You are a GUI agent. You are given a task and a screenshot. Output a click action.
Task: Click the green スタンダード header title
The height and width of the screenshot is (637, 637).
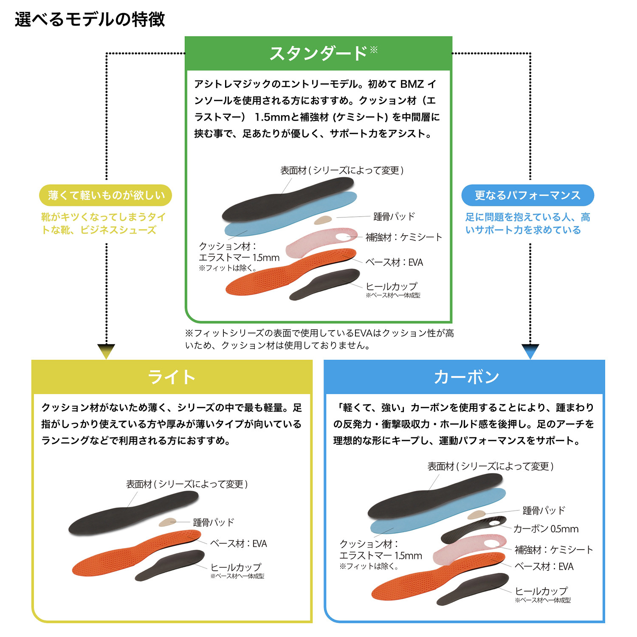pos(318,54)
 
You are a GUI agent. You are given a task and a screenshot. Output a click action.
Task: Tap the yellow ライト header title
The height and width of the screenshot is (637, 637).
pos(172,377)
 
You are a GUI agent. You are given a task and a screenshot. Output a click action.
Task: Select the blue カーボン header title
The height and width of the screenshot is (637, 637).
pos(466,377)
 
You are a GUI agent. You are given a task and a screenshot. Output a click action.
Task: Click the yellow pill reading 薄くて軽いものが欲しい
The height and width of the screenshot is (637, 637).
pos(106,195)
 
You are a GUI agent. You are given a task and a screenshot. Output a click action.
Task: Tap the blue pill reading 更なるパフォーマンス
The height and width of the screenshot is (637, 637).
pos(527,195)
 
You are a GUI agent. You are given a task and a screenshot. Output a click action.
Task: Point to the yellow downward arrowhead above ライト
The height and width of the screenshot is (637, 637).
pos(106,351)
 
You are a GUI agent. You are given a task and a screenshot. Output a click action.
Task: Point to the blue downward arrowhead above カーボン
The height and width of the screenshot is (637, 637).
pos(530,351)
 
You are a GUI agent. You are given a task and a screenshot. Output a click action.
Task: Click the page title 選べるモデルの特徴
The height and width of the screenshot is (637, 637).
pos(90,20)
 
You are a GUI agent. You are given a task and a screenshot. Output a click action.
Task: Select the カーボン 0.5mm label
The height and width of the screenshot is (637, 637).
pos(546,529)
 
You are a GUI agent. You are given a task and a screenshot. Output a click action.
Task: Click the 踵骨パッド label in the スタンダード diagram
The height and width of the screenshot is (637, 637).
pos(394,217)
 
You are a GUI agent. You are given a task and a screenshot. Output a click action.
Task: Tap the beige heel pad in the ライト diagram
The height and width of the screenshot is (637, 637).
pos(167,522)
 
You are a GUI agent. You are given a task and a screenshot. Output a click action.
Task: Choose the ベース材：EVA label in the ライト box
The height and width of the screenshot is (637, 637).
pos(239,544)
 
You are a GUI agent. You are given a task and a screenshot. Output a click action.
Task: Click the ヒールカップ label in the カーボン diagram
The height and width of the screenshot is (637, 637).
pos(541,591)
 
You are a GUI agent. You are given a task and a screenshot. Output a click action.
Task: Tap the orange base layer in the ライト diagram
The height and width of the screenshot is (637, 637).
pos(132,556)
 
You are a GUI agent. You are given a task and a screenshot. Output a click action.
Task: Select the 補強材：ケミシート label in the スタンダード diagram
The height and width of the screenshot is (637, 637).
pos(404,237)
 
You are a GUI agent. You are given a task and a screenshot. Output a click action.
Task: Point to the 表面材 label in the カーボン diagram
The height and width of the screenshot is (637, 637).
pos(490,467)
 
